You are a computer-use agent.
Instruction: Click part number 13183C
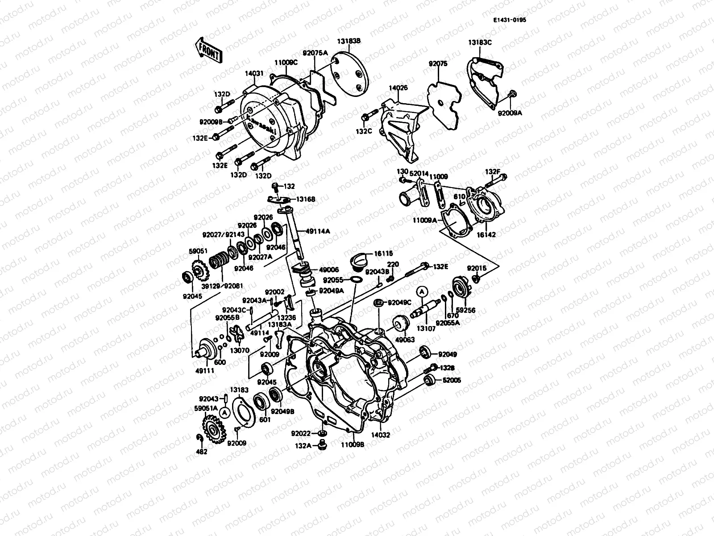480,42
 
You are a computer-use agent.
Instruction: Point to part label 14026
398,89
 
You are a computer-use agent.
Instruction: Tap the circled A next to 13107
422,292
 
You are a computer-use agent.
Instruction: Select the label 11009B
353,445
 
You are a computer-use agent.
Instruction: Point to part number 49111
205,370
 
